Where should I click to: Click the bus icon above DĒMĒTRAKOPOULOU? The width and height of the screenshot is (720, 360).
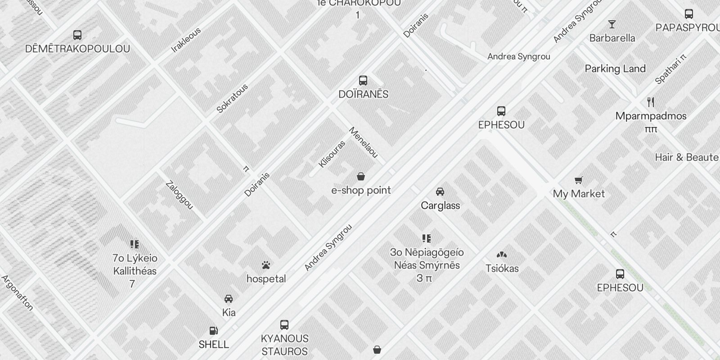77,35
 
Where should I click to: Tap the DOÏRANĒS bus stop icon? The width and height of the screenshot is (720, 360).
363,81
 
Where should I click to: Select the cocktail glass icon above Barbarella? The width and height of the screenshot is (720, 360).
612,24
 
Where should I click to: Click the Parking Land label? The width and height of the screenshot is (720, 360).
615,69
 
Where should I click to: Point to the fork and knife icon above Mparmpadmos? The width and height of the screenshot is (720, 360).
651,102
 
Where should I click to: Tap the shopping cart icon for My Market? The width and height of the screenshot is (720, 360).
579,180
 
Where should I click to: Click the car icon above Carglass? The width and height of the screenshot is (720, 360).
440,192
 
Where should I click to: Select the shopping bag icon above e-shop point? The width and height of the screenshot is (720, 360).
361,176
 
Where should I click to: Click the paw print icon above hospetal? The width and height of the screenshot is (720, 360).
266,265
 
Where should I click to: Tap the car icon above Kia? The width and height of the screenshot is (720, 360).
229,299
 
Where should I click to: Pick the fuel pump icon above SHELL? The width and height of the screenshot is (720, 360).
214,331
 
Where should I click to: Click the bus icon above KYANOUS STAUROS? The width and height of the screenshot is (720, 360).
284,325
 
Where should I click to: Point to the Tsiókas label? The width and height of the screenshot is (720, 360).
502,269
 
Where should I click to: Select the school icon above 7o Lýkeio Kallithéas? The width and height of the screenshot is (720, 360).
135,244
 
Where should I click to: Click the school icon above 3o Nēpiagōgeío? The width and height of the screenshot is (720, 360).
427,238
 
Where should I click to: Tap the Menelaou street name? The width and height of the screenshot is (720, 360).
363,143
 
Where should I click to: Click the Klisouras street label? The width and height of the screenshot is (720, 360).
332,154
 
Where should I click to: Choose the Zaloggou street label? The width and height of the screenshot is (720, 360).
179,195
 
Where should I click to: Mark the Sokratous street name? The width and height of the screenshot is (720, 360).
232,98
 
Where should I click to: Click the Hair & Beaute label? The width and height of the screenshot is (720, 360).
686,157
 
